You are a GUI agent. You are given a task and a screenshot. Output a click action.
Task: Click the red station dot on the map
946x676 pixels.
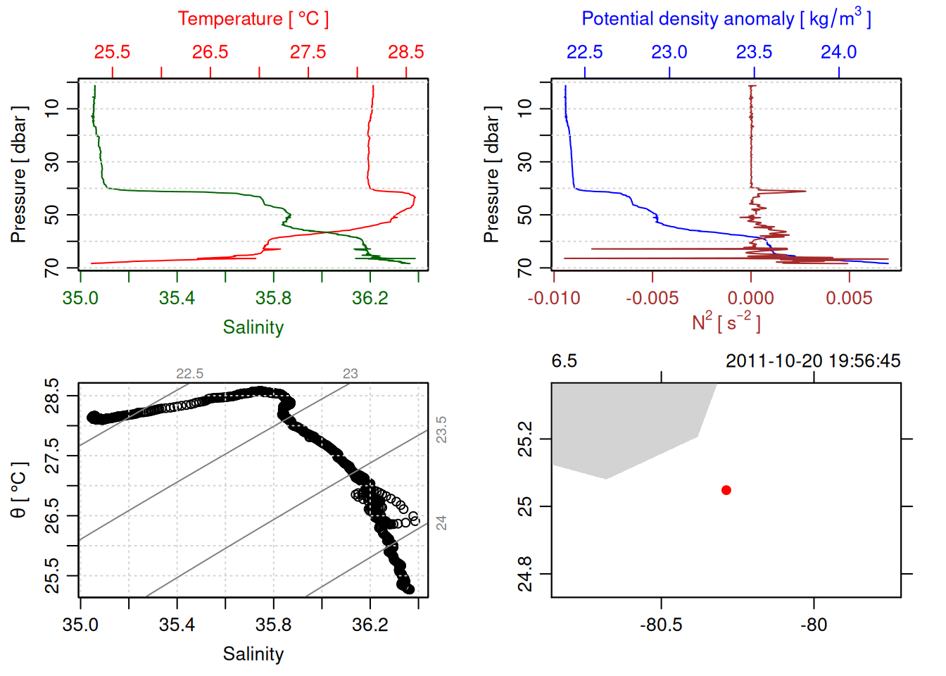[x=726, y=490]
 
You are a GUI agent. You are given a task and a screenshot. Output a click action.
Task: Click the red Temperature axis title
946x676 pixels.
[x=253, y=19]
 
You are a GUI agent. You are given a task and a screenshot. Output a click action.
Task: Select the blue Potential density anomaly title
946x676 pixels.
[x=726, y=19]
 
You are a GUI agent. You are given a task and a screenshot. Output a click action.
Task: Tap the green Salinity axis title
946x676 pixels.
[x=253, y=327]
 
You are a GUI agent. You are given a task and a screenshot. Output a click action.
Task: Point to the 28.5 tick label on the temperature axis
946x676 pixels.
[x=406, y=52]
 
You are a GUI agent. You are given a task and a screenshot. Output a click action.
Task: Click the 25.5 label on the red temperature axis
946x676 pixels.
[x=113, y=52]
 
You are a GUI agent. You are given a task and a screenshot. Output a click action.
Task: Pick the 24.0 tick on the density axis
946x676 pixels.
[x=838, y=52]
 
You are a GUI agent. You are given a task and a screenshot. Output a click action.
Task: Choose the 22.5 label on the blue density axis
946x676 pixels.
[x=585, y=52]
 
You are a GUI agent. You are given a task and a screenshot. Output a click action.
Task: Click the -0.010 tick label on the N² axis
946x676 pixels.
[x=554, y=299]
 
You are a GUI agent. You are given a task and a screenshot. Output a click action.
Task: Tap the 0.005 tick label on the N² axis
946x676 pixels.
[x=849, y=299]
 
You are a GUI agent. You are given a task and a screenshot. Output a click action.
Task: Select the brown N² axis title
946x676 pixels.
[x=726, y=322]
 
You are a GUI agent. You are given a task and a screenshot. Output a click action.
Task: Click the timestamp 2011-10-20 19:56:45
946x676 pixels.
[x=813, y=361]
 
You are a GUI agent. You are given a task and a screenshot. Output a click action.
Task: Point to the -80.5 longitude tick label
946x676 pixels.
[x=661, y=625]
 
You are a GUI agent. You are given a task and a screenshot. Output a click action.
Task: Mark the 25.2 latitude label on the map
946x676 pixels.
[x=525, y=439]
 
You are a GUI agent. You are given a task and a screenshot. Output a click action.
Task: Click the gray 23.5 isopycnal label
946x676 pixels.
[x=441, y=430]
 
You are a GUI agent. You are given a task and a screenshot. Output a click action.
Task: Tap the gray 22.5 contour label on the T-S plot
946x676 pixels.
[x=189, y=374]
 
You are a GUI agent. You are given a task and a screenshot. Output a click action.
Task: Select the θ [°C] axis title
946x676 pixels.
[x=18, y=490]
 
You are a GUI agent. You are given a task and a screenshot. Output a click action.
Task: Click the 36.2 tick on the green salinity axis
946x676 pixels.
[x=370, y=299]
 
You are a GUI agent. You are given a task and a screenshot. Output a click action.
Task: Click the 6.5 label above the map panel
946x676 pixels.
[x=564, y=361]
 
